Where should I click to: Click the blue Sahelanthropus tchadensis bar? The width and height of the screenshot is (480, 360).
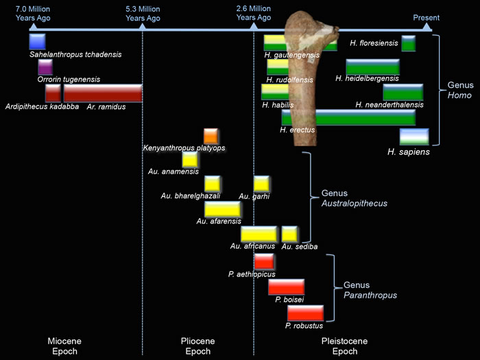tap(37, 41)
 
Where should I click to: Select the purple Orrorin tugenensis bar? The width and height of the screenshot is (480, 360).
tap(45, 67)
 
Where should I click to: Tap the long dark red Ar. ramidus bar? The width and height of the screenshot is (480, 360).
tap(103, 93)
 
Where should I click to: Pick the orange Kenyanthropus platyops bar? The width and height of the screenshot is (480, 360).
tap(211, 136)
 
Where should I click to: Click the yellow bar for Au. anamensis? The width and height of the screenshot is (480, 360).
tap(190, 159)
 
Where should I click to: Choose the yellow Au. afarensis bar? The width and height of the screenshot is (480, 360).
tap(222, 209)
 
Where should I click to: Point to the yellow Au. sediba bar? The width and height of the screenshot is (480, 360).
tap(289, 234)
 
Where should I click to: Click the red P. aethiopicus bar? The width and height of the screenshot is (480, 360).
tap(264, 261)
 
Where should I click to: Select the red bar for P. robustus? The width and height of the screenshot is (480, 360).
tap(304, 313)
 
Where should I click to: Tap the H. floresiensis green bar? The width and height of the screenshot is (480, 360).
tap(408, 43)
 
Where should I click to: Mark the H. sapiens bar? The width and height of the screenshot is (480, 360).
tap(414, 136)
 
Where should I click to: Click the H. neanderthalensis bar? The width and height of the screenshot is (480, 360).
tap(403, 92)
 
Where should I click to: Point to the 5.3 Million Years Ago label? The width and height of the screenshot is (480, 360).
tap(143, 13)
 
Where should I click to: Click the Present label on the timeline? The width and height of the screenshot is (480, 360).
tap(426, 17)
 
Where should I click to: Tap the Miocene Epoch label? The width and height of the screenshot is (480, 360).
tap(64, 346)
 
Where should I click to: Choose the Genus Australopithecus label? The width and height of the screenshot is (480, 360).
tap(354, 198)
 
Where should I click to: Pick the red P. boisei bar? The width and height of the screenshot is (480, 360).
tap(286, 287)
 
